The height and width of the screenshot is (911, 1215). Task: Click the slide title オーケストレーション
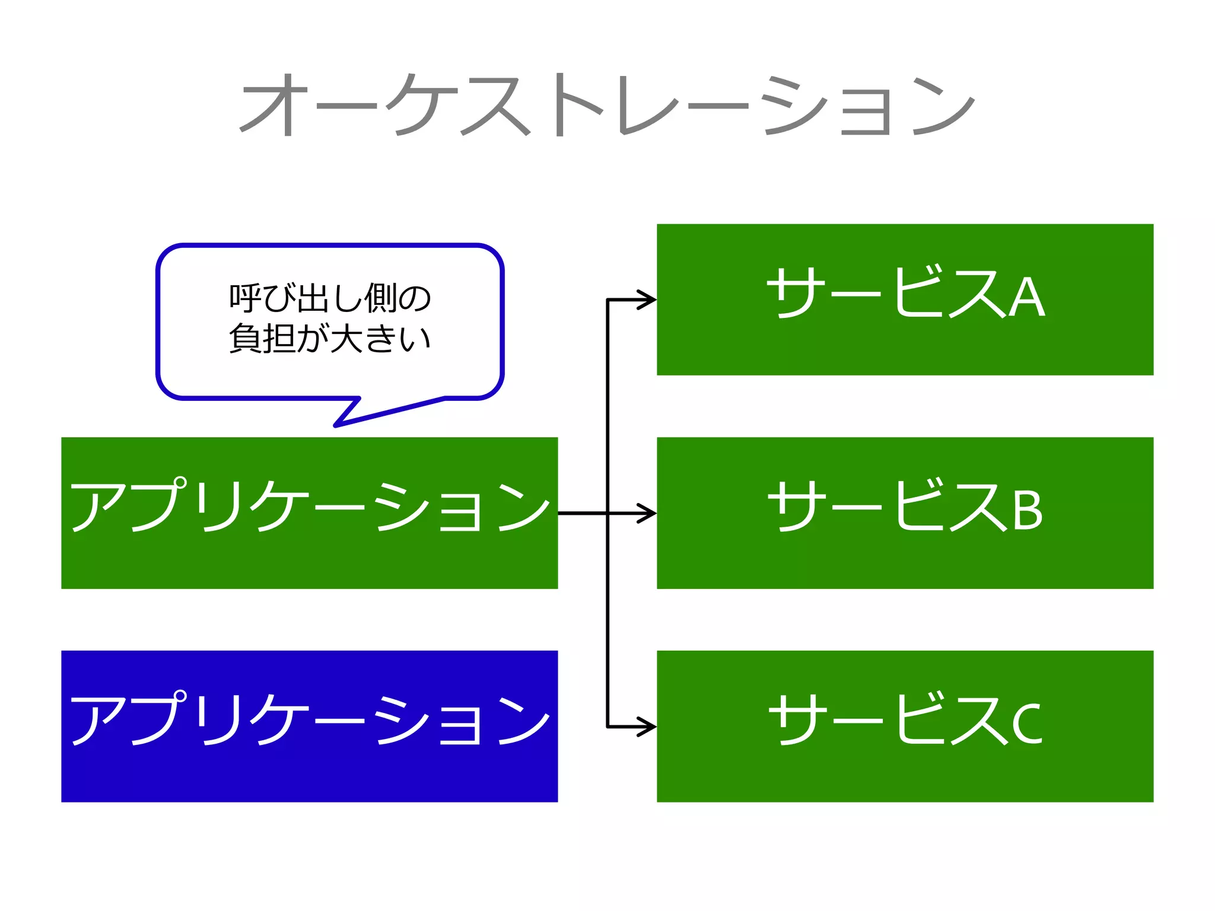point(607,106)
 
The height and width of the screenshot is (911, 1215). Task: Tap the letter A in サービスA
point(1027,298)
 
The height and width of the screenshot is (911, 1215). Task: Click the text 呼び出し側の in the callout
point(330,298)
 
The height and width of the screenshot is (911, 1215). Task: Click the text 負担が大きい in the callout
point(330,339)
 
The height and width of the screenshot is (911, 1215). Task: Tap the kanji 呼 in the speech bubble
point(245,298)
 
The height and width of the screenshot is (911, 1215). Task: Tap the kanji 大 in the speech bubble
point(346,339)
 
